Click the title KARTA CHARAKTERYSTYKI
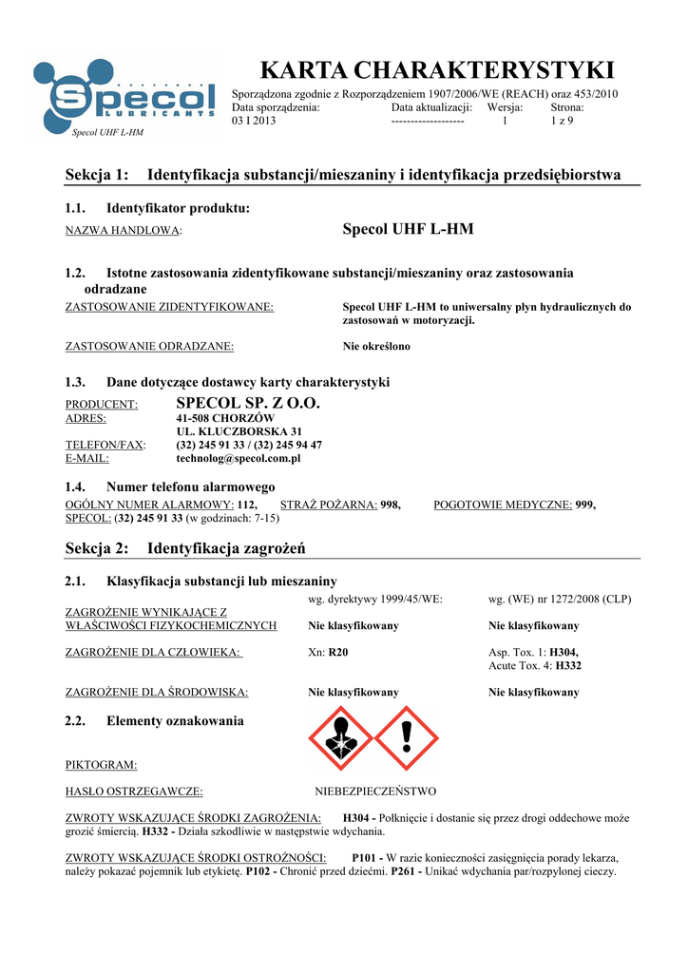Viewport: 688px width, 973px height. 437,70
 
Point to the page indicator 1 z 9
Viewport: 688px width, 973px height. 562,122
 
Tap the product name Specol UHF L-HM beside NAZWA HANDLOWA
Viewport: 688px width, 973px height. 407,230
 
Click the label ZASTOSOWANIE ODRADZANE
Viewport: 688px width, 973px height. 149,347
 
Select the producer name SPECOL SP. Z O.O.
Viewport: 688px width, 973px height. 249,404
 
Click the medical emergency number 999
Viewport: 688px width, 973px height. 585,506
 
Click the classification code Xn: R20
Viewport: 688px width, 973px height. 329,653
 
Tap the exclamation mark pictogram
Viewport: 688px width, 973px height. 406,738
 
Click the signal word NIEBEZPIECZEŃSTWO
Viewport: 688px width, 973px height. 375,791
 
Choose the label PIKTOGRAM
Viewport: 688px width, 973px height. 101,764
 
